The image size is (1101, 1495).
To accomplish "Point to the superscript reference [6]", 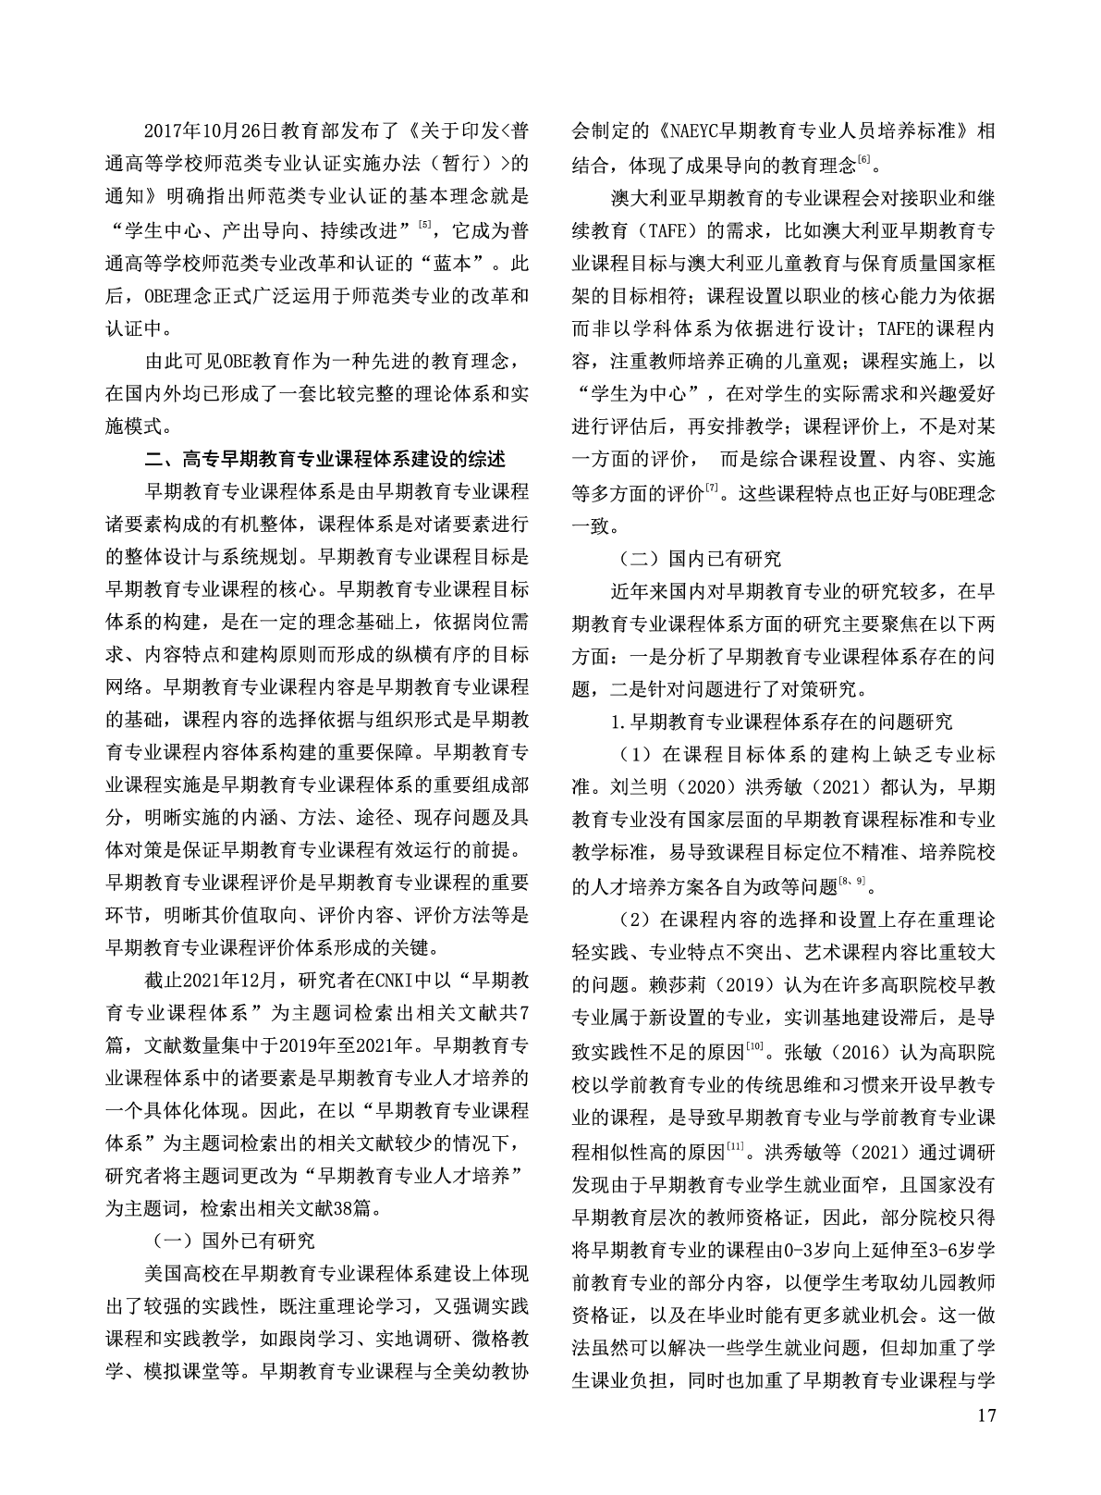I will (864, 158).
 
